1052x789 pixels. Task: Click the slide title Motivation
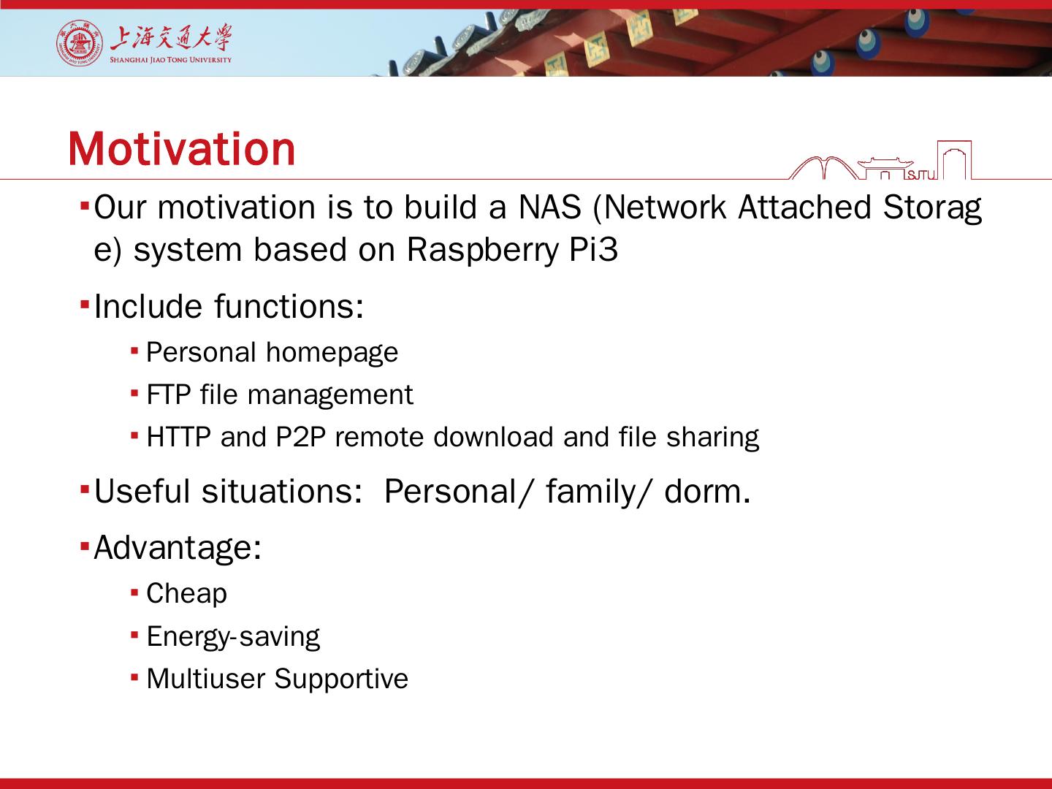[181, 149]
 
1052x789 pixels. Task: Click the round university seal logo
[80, 42]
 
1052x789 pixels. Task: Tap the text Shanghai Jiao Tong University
[171, 60]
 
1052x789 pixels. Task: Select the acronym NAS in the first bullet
[549, 207]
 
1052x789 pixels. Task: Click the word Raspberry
[482, 251]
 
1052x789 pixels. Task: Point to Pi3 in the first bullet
[593, 250]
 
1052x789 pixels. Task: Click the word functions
[289, 306]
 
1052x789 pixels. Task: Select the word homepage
[332, 354]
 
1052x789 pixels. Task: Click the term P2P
[300, 437]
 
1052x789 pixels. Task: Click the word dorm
[707, 492]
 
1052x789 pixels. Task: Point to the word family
[597, 492]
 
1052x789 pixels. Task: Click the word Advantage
[178, 548]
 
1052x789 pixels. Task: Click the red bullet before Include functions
[85, 304]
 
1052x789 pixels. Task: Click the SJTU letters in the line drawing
[921, 175]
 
